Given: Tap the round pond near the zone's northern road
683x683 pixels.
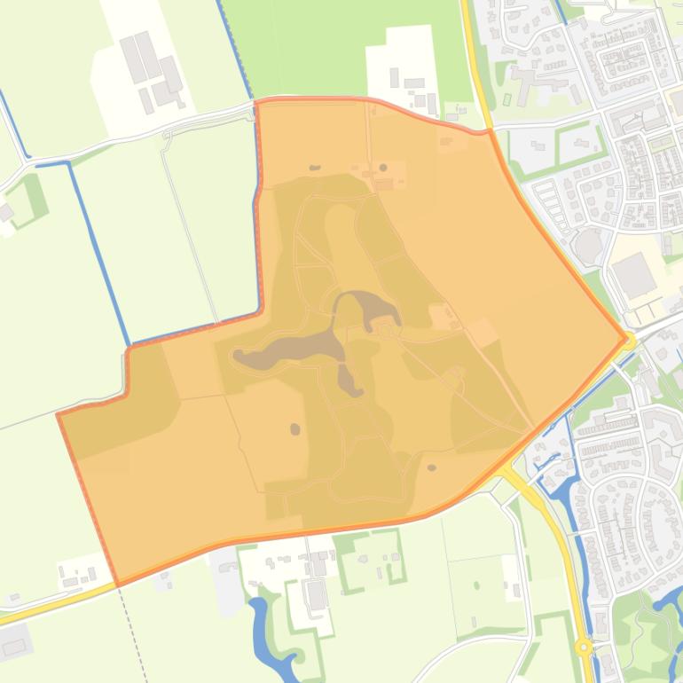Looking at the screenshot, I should (x=383, y=167).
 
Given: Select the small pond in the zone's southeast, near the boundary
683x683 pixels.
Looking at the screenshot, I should (x=432, y=467).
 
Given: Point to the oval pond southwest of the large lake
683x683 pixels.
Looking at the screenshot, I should (x=294, y=429).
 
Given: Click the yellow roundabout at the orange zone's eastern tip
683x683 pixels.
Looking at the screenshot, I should (x=630, y=339).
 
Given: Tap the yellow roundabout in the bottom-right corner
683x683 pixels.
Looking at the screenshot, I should (x=584, y=648).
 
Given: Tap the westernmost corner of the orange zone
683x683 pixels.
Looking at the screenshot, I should (x=59, y=414).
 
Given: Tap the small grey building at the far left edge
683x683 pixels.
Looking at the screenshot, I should (x=5, y=212).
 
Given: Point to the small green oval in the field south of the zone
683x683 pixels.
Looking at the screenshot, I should (x=477, y=585).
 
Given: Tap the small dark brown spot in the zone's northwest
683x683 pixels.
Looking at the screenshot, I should (x=314, y=167).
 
